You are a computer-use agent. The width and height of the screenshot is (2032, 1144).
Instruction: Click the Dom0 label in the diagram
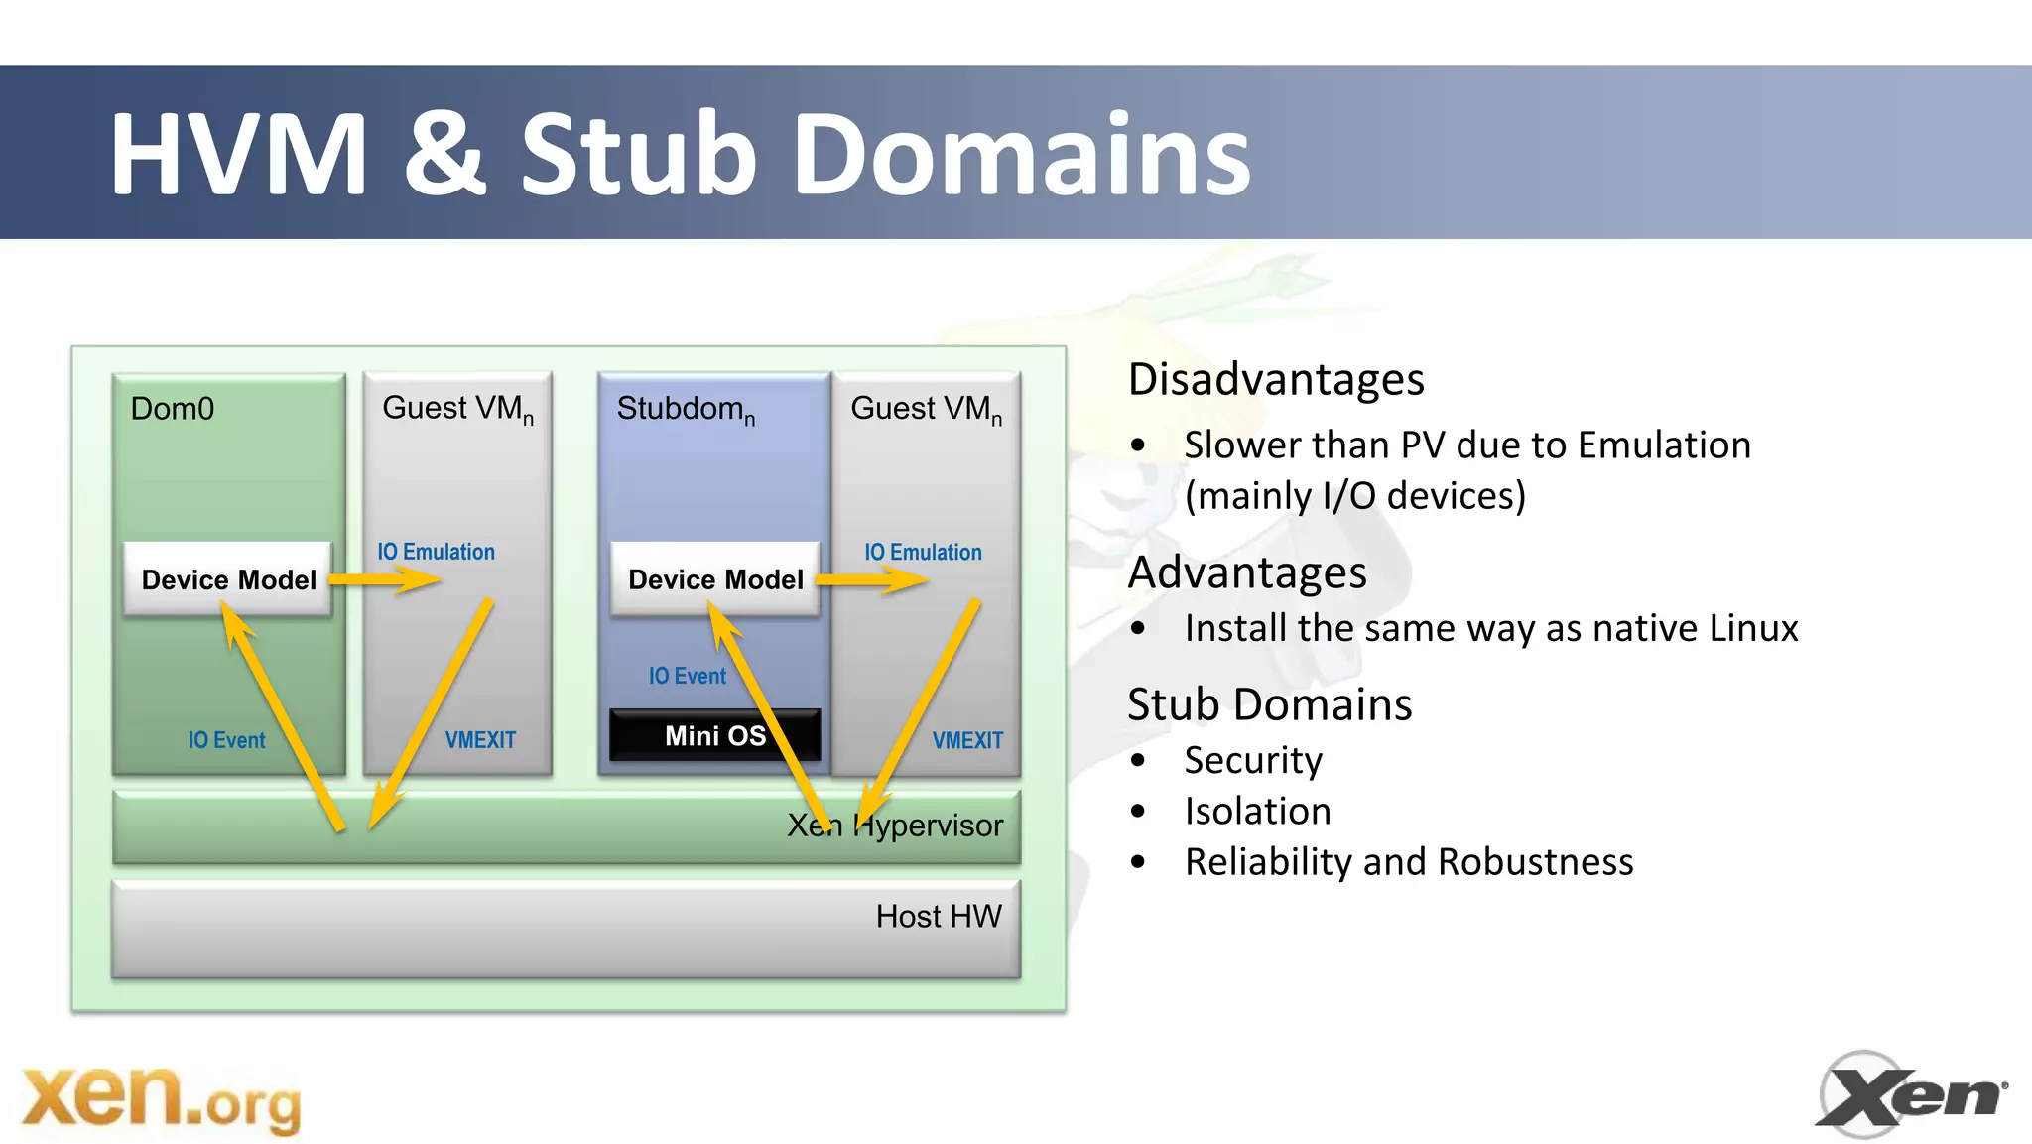tap(173, 409)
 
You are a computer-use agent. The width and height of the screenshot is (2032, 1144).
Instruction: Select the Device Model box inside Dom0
tap(228, 579)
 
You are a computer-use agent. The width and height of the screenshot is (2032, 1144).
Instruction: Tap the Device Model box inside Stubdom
tap(715, 579)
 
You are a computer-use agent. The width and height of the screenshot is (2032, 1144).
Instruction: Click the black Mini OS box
tap(714, 735)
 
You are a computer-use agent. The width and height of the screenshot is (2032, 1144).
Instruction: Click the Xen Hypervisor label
tap(895, 826)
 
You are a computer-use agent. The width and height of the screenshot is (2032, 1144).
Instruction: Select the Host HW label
tap(939, 916)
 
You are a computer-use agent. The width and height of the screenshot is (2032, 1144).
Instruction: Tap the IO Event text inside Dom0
tap(226, 740)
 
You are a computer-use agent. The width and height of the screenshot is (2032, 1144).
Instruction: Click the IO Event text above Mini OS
tap(687, 676)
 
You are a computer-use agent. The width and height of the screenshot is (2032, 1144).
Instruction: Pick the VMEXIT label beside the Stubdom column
tap(967, 740)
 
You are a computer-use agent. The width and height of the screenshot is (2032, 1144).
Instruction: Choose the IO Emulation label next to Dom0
tap(436, 552)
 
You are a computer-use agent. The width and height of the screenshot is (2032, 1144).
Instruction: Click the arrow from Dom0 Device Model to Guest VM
tap(385, 579)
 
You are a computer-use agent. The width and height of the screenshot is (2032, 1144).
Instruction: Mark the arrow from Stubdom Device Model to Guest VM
tap(872, 579)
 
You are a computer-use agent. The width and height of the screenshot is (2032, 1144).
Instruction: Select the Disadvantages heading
tap(1276, 380)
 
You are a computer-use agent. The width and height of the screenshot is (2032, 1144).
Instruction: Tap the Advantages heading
tap(1247, 572)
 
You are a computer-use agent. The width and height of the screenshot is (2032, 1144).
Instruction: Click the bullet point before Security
tap(1138, 761)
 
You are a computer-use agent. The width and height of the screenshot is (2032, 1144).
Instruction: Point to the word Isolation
tap(1257, 812)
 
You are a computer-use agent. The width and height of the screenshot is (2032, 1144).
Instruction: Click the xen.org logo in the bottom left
tap(161, 1098)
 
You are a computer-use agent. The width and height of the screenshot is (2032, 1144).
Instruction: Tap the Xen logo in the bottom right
tap(1911, 1094)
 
